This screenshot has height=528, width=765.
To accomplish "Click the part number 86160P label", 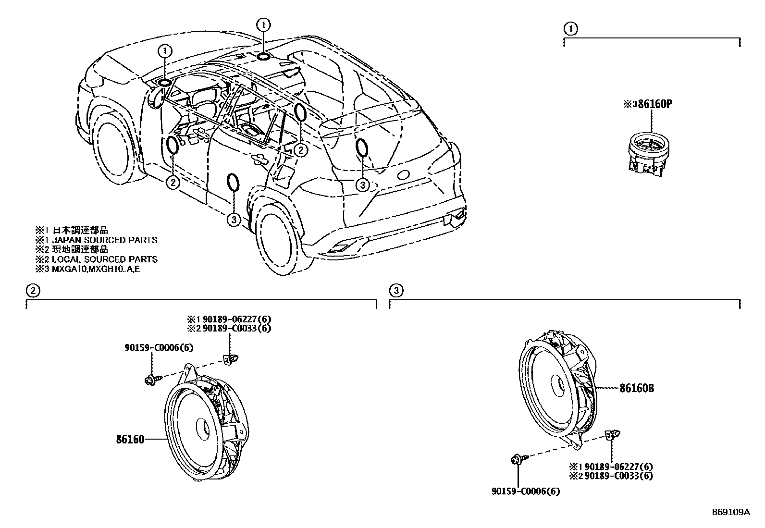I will click(654, 104).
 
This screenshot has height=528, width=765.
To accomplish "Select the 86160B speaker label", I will click(637, 388).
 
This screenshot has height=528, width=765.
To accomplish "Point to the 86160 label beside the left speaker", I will click(130, 439).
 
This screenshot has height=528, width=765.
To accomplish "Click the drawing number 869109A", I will click(730, 512).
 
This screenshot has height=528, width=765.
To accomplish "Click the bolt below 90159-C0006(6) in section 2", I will click(149, 381).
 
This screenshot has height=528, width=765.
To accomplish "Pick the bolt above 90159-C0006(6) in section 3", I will click(517, 460).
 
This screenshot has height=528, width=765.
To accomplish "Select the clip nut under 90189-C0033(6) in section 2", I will click(231, 358).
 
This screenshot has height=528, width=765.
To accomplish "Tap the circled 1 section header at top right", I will click(570, 28).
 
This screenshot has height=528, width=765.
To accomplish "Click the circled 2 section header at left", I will click(32, 290).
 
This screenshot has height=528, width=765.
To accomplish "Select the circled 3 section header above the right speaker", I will click(395, 290).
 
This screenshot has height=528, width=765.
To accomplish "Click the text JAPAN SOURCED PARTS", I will click(104, 240).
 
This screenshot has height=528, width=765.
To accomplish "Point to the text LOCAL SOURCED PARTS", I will click(104, 259).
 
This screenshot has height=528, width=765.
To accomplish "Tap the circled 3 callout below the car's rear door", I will click(233, 220).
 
